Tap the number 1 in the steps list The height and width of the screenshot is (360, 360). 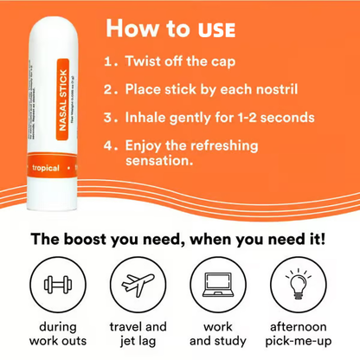(106, 63)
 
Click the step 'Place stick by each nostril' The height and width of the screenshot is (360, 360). (217, 88)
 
